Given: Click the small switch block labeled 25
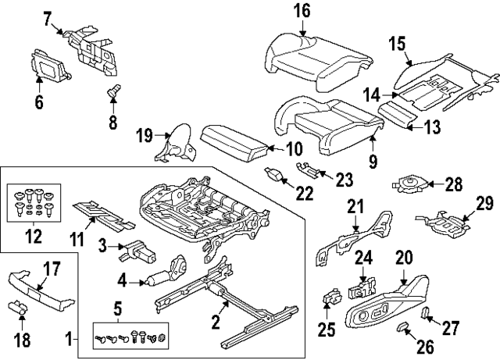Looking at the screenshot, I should coord(330,298).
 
